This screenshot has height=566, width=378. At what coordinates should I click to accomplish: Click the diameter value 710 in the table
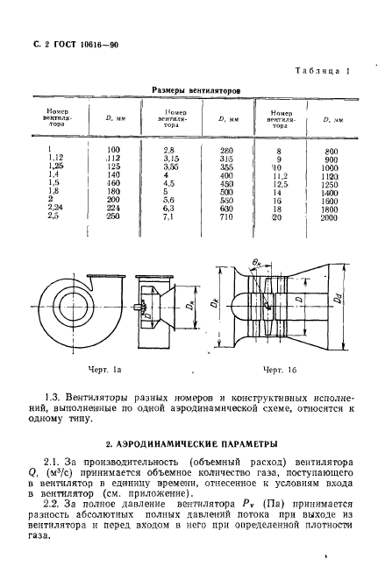click(x=229, y=216)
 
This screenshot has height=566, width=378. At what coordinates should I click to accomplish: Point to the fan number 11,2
click(x=280, y=175)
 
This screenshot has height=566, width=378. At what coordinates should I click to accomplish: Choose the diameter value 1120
click(x=331, y=175)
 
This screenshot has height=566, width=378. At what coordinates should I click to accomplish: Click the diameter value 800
click(x=331, y=150)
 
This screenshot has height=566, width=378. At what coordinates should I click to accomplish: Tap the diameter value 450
click(x=229, y=183)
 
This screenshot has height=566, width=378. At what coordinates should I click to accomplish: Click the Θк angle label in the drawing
click(x=257, y=262)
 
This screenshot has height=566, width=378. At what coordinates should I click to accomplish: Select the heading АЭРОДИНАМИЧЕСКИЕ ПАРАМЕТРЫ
click(x=189, y=444)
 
